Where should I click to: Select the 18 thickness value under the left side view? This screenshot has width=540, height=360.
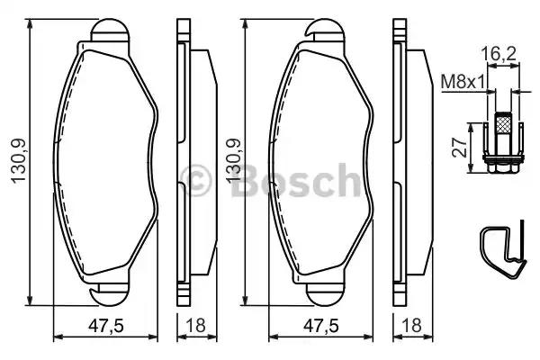(x=190, y=327)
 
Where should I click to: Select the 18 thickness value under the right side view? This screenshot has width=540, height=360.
(x=409, y=327)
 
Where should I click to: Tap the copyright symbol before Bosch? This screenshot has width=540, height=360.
(x=199, y=180)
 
